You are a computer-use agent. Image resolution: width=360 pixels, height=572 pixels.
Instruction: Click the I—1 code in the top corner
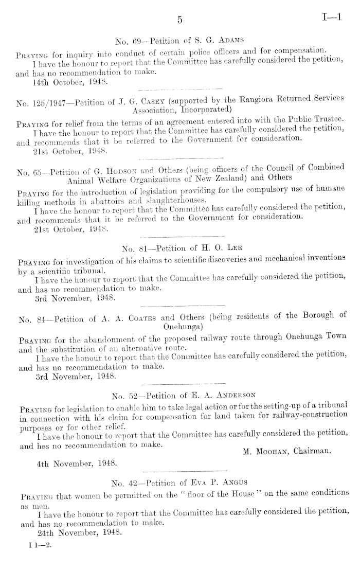(332, 19)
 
